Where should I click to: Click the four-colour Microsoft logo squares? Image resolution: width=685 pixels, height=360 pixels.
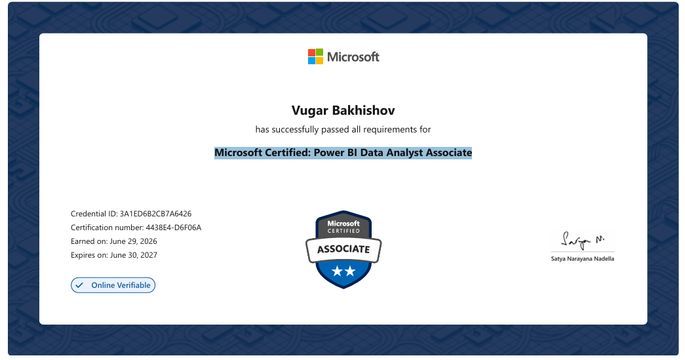(315, 56)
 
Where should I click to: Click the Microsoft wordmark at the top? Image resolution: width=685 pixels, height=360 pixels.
(353, 57)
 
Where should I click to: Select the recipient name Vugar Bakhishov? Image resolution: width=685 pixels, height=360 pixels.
(343, 111)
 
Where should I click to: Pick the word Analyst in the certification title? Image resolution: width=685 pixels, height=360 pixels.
(401, 153)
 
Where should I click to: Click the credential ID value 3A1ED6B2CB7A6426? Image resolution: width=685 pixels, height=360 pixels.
(155, 214)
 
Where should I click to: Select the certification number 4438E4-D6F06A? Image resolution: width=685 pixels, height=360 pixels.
(174, 228)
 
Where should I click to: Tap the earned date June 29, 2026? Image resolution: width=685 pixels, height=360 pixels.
(133, 241)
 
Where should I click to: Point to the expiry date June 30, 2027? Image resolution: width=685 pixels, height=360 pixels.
(134, 255)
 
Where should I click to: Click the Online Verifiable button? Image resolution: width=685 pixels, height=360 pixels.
(113, 285)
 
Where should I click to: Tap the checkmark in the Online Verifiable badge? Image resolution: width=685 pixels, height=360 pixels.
(79, 285)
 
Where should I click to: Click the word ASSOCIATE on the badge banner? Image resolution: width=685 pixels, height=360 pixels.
(343, 249)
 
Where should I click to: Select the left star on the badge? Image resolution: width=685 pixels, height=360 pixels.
(337, 271)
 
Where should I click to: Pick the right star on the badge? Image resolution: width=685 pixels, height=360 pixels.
(350, 271)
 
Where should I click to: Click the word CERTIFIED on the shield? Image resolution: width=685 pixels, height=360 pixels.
(343, 231)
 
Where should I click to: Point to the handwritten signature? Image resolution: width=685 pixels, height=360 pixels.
(582, 240)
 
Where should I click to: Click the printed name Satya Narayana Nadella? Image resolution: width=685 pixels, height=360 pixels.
(582, 258)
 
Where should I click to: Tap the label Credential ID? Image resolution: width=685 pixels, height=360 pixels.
(94, 214)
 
